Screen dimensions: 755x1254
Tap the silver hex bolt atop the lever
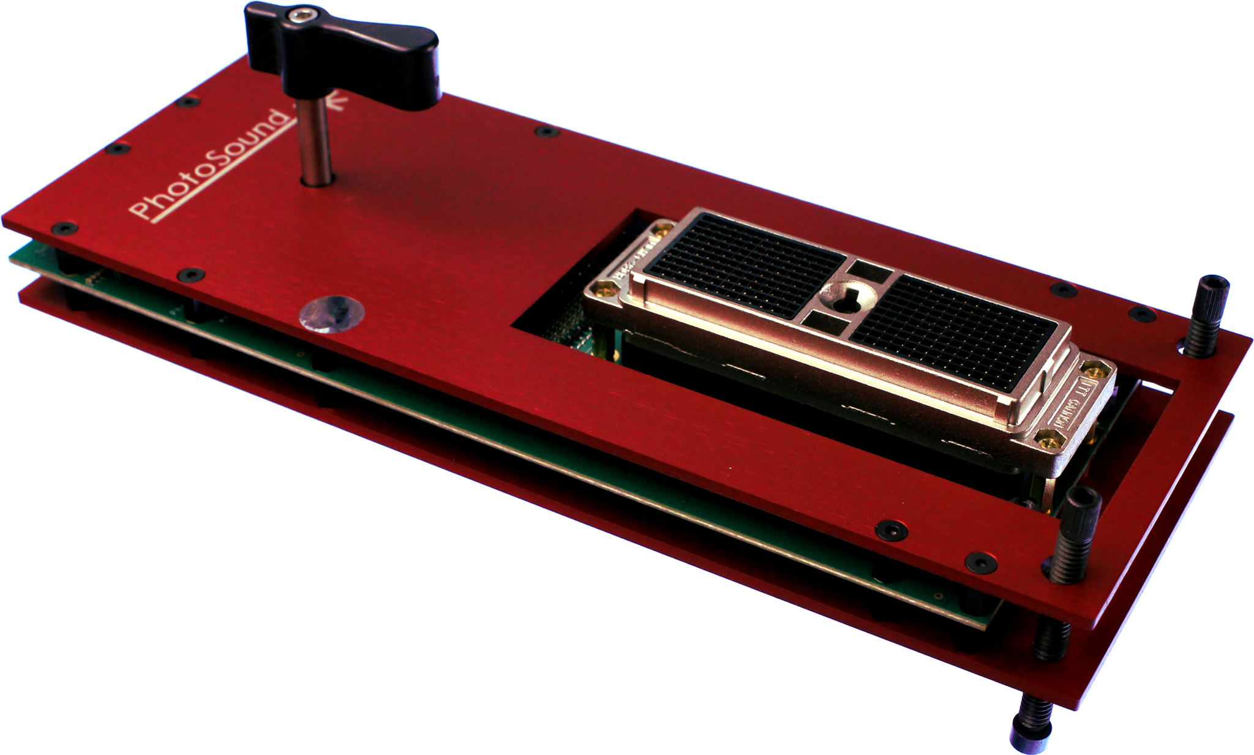tap(300, 15)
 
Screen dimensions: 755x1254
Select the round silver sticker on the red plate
tap(331, 316)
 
